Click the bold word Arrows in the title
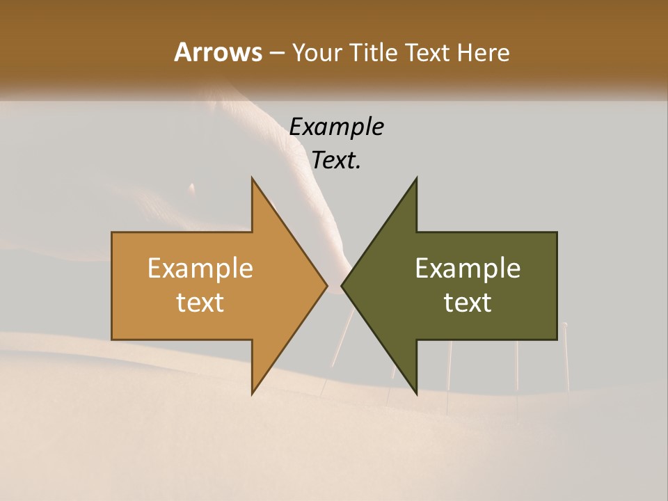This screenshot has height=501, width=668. pyautogui.click(x=218, y=53)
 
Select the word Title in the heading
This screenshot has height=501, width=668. pyautogui.click(x=374, y=53)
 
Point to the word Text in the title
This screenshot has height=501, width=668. pyautogui.click(x=428, y=53)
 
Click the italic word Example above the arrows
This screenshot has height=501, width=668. pyautogui.click(x=337, y=127)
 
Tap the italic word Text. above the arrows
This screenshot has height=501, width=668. pyautogui.click(x=337, y=161)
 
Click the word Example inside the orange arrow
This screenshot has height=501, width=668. pyautogui.click(x=200, y=269)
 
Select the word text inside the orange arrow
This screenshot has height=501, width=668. pyautogui.click(x=200, y=303)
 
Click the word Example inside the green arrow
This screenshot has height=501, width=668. pyautogui.click(x=468, y=269)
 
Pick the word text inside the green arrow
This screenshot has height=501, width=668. pyautogui.click(x=468, y=303)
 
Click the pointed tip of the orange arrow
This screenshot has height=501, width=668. pyautogui.click(x=326, y=285)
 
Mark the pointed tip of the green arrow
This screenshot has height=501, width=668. pyautogui.click(x=342, y=285)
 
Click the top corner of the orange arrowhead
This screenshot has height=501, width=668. pyautogui.click(x=253, y=179)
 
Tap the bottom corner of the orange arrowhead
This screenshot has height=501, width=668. pyautogui.click(x=253, y=393)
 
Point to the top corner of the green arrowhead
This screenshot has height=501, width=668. pyautogui.click(x=416, y=179)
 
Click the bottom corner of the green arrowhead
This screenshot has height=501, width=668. pyautogui.click(x=416, y=393)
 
